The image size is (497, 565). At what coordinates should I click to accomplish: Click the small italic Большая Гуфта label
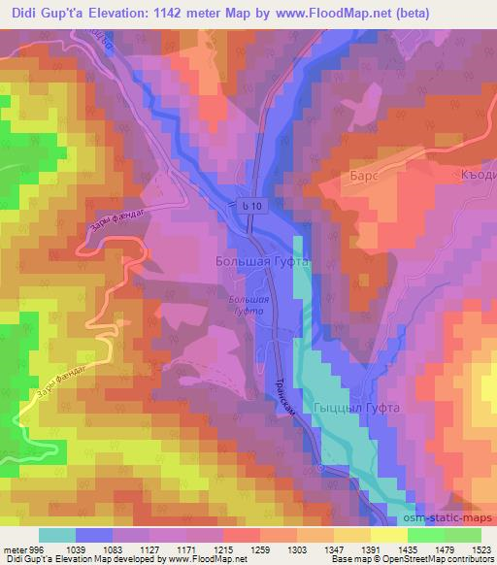(x=250, y=308)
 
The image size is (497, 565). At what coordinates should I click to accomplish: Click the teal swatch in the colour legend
(x=57, y=535)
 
